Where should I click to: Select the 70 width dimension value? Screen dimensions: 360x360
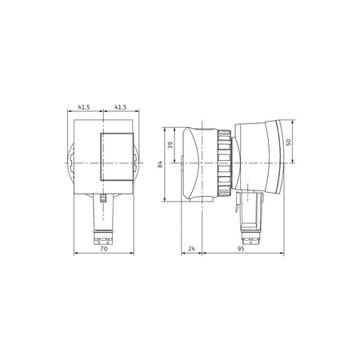[102, 249]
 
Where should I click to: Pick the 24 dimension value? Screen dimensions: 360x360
[192, 249]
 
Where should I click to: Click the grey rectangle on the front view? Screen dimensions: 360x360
[113, 157]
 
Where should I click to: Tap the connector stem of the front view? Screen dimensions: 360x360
[102, 214]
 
